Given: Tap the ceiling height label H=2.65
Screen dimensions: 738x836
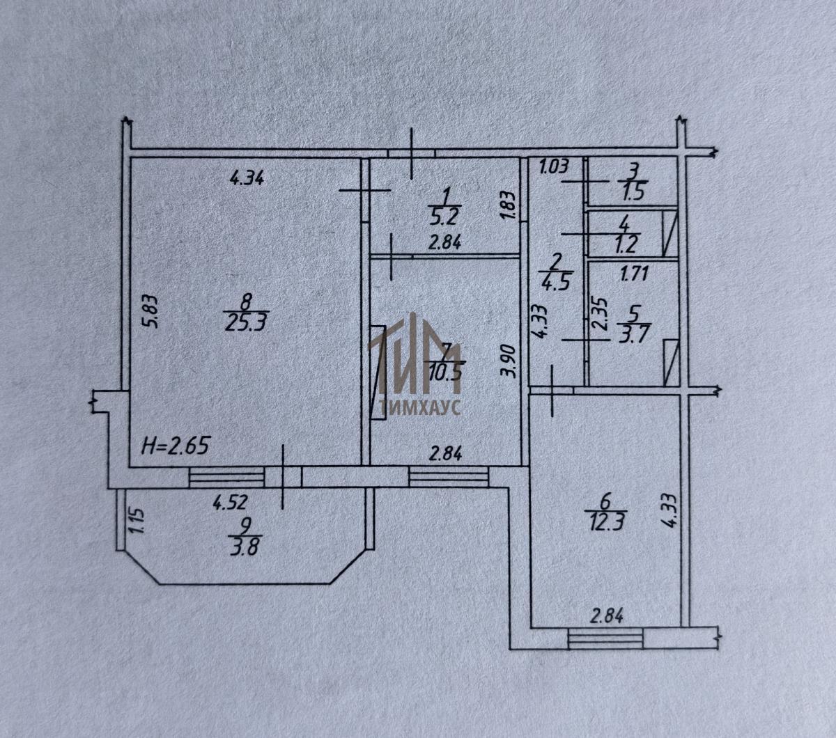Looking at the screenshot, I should tap(176, 443).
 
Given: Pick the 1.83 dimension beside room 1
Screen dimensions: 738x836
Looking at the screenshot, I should tap(509, 207).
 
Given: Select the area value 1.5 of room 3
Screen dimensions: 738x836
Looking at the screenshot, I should tap(633, 194).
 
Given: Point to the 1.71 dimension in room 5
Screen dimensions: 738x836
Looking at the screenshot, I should tap(634, 274).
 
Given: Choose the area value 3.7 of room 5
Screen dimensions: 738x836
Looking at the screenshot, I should tap(633, 331).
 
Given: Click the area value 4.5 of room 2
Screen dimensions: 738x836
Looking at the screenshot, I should tap(556, 283).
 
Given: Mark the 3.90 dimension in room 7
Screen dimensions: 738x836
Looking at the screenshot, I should tap(509, 361).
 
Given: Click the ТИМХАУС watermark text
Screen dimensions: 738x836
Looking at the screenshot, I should tap(418, 408).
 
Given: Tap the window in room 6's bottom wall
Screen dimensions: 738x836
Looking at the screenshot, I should tap(605, 638).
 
